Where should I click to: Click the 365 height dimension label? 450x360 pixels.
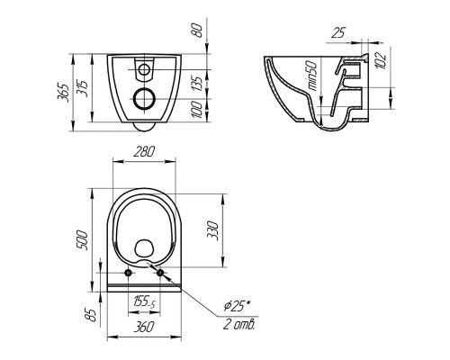(63, 94)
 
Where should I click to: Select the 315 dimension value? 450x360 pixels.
(82, 88)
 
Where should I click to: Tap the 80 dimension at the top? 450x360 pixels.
(198, 30)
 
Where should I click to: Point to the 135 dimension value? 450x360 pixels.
(197, 84)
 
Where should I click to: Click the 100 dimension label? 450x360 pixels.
(197, 110)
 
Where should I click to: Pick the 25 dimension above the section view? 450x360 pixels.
(338, 33)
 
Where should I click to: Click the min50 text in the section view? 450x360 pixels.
(312, 76)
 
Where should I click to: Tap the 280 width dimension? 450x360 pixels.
(144, 151)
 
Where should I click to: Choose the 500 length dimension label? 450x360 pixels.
(82, 240)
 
